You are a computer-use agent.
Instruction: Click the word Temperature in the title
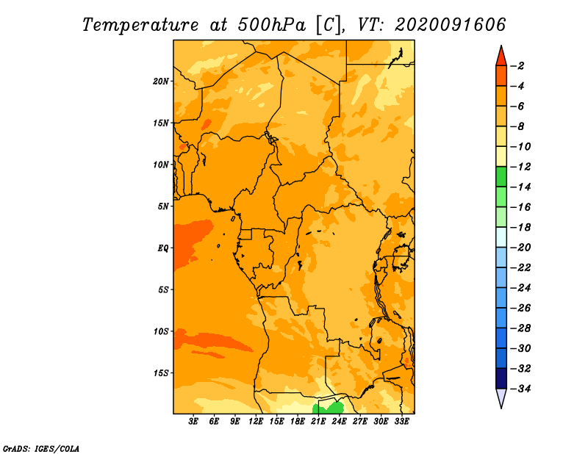140,25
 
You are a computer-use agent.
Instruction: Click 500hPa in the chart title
272,25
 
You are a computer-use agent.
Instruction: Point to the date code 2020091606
451,25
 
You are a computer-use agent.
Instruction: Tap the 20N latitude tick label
161,82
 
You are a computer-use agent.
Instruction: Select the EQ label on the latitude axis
162,248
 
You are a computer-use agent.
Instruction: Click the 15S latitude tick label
161,373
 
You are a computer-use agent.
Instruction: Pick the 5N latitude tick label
163,206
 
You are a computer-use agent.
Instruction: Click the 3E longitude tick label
193,422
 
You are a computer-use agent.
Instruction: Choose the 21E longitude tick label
318,422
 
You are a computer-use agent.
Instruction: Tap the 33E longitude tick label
401,422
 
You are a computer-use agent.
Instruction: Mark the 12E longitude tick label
255,422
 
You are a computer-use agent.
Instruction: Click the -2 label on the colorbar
517,66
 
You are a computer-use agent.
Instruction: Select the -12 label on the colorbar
521,167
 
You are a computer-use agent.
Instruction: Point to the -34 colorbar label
521,389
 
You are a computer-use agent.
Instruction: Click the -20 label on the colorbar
521,248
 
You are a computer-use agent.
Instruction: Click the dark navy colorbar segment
501,378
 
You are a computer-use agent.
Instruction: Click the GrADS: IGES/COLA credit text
41,449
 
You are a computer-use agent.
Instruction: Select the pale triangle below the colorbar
501,397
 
